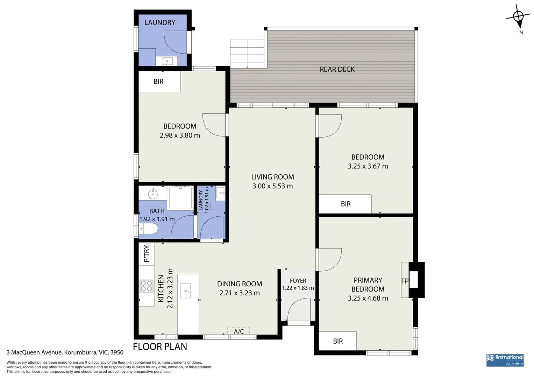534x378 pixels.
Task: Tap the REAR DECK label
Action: [337, 69]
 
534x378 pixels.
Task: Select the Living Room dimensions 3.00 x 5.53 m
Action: [272, 186]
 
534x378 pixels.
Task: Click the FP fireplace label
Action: [405, 281]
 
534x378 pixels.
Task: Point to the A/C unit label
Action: [238, 331]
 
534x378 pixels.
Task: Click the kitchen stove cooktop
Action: [147, 286]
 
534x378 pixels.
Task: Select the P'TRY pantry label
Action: [147, 253]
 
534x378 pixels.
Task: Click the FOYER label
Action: [298, 281]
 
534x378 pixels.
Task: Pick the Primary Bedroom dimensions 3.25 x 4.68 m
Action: [368, 298]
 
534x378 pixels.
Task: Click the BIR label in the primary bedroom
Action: [337, 341]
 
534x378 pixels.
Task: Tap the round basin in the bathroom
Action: [152, 194]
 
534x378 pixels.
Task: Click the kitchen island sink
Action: [186, 290]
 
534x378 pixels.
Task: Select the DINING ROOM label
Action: [239, 284]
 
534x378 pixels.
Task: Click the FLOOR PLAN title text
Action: [160, 346]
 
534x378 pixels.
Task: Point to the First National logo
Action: [505, 360]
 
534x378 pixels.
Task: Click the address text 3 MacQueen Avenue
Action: [34, 352]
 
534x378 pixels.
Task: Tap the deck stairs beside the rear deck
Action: [247, 54]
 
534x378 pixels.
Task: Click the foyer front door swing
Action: [299, 309]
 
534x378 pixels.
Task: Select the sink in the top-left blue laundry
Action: [167, 61]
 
